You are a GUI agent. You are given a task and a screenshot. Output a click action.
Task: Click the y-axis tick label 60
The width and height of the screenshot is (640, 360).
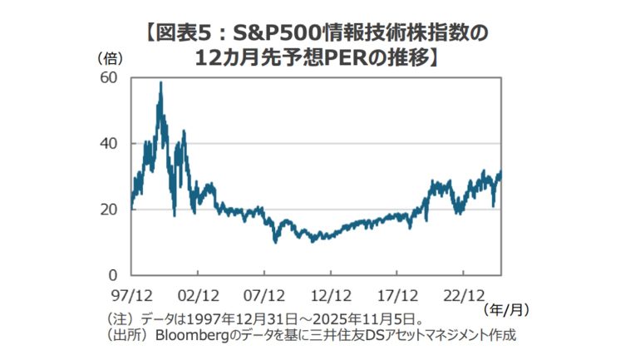pos(109,77)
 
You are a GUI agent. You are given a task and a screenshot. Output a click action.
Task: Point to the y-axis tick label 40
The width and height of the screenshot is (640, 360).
pos(109,143)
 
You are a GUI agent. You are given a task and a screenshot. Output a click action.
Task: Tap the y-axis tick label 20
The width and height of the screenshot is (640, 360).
pos(109,209)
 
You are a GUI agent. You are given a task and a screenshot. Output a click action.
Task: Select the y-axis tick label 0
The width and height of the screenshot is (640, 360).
pos(114,274)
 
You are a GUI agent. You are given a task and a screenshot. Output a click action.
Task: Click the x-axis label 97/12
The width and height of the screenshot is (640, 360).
pos(130,293)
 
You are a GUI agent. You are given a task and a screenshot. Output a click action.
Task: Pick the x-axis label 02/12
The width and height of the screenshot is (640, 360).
pos(197,293)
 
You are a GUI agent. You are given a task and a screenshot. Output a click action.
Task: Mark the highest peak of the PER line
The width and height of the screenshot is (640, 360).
pos(160,82)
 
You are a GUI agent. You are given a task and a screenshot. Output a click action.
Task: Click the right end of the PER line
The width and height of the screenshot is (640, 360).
pos(501,172)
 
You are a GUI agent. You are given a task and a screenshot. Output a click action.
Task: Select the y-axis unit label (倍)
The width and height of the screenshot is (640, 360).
pos(111,58)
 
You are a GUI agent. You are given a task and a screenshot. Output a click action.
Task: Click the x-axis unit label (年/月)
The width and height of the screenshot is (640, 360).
pos(505,308)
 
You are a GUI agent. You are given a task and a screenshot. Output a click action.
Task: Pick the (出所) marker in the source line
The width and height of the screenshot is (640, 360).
pos(126,336)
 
